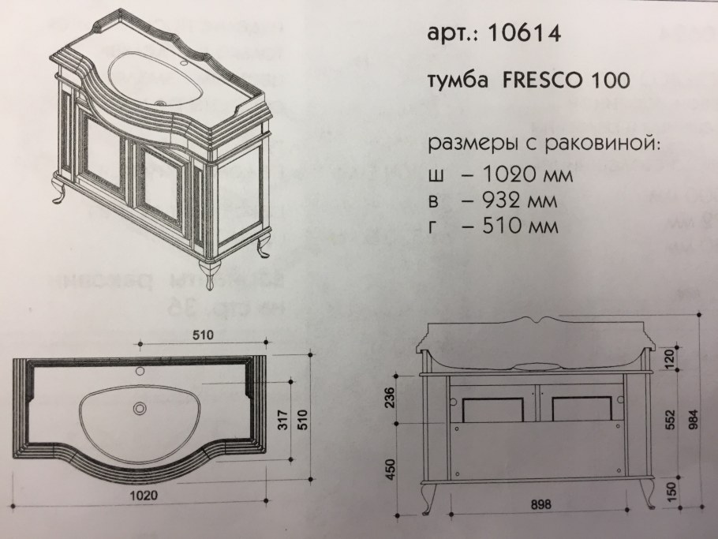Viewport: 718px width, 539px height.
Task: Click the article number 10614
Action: coord(525,33)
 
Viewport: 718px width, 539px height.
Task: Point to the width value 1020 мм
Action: coord(521,175)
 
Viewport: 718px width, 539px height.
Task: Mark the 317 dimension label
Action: coord(283,420)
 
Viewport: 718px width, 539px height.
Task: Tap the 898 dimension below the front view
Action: coord(540,504)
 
